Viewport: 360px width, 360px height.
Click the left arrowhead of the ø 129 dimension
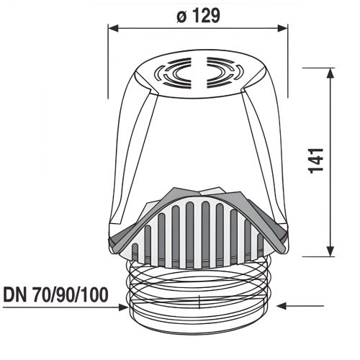pyautogui.click(x=112, y=27)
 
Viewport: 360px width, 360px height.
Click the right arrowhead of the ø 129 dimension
pyautogui.click(x=284, y=27)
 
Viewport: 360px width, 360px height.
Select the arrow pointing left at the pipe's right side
pyautogui.click(x=282, y=305)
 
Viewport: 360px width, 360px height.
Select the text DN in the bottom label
pyautogui.click(x=16, y=294)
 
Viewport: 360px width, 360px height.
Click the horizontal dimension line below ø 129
pyautogui.click(x=198, y=27)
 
